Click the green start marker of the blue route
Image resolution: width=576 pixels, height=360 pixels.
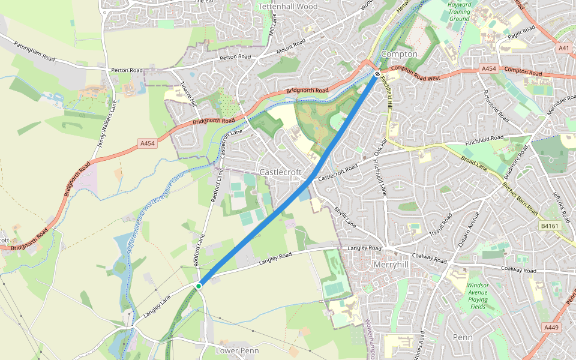[198, 286]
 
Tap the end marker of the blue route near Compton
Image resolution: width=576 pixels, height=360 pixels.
[377, 74]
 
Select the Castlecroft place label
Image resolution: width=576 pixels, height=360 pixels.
[279, 172]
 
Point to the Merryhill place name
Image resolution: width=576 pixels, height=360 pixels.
[391, 264]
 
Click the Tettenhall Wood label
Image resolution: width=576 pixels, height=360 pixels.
[287, 7]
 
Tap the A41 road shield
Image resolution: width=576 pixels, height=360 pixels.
[564, 48]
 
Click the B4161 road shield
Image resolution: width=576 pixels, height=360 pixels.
[549, 226]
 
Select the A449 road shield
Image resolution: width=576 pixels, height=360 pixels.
[551, 328]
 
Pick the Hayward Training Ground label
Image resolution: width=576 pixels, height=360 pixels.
[459, 11]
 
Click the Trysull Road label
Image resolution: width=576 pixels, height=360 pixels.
[440, 224]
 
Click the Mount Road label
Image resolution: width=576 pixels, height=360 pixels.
[290, 47]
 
